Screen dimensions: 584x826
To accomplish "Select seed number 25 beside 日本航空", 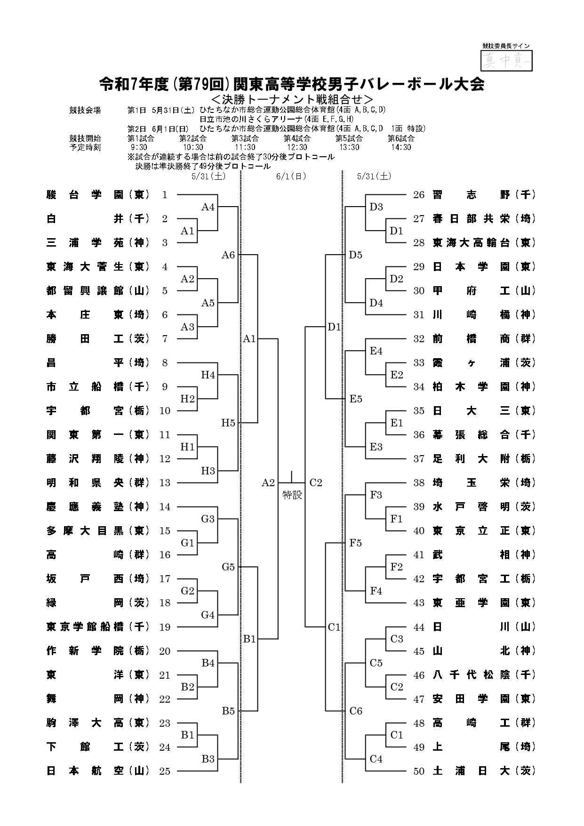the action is [165, 771].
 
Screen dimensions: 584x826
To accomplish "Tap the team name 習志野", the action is [471, 195].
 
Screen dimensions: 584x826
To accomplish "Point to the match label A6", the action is [228, 255].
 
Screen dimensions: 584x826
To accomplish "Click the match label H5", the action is [228, 423].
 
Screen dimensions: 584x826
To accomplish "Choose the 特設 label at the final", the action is [292, 495].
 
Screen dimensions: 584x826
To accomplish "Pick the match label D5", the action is [356, 255].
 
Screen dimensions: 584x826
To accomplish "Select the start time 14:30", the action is [401, 147].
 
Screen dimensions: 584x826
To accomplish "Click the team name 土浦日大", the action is [471, 771].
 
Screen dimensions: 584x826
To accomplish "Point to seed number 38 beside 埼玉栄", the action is [419, 483].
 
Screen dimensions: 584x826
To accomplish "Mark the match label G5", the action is [228, 567].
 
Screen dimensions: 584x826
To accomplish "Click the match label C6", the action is [356, 711].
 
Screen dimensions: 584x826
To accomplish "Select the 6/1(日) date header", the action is [292, 176].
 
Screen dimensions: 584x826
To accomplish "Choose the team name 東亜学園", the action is [471, 603].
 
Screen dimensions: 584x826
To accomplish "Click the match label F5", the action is [356, 543].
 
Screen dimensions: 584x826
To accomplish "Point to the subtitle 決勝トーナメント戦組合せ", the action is [292, 99].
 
